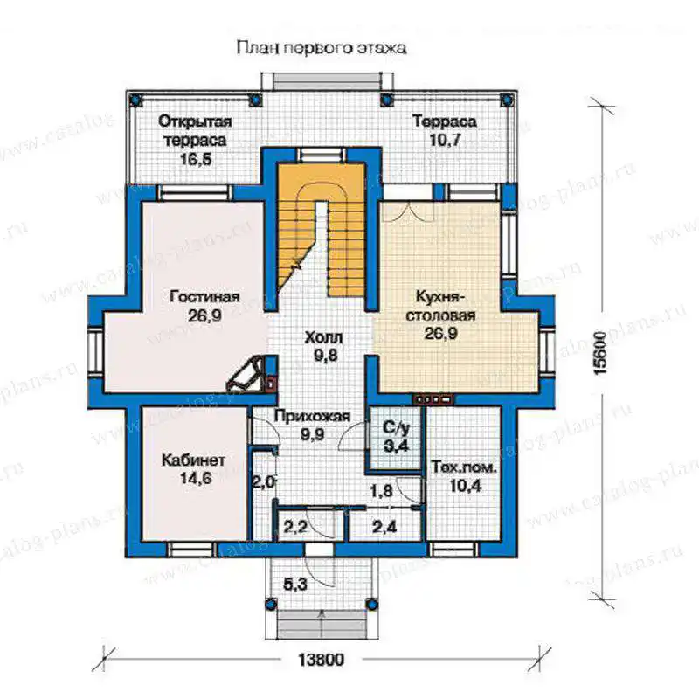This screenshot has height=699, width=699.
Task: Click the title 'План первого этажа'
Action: pyautogui.click(x=321, y=48)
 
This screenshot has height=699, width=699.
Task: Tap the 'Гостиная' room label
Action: pyautogui.click(x=204, y=296)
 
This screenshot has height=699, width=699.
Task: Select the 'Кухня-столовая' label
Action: pyautogui.click(x=440, y=305)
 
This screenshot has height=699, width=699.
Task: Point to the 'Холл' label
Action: pyautogui.click(x=323, y=337)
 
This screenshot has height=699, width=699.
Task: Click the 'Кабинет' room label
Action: pyautogui.click(x=193, y=460)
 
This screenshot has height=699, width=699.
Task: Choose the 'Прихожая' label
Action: pyautogui.click(x=312, y=417)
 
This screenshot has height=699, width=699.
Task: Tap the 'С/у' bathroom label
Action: pyautogui.click(x=396, y=427)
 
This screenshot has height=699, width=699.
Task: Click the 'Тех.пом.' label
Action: pyautogui.click(x=464, y=467)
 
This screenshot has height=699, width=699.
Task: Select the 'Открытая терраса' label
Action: pyautogui.click(x=195, y=130)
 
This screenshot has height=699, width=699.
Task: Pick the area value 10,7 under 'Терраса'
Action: pyautogui.click(x=445, y=140)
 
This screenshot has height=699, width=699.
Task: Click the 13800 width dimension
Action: pyautogui.click(x=321, y=660)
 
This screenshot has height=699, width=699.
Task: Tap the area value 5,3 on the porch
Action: pyautogui.click(x=295, y=584)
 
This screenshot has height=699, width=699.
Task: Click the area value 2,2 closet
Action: pyautogui.click(x=295, y=527)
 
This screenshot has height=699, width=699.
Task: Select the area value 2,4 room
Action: pyautogui.click(x=384, y=527)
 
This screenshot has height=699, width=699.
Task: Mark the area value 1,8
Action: pyautogui.click(x=382, y=490)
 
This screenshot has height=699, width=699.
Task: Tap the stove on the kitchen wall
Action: pyautogui.click(x=433, y=399)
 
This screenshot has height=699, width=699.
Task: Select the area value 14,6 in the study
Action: pyautogui.click(x=196, y=478)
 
